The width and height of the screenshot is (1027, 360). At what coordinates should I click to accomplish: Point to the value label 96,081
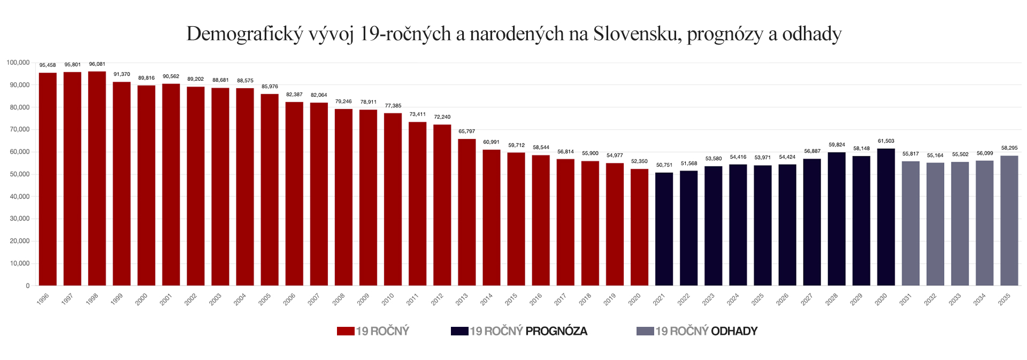97,64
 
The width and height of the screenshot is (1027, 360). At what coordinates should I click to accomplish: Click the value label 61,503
886,141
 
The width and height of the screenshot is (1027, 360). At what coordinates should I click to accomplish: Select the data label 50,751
664,165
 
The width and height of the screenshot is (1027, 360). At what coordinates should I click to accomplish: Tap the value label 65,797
466,132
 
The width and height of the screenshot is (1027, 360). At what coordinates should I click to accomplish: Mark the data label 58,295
1009,148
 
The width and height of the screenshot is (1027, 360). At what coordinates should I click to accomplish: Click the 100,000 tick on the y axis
18,63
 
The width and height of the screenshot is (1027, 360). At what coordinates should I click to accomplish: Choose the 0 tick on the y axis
28,286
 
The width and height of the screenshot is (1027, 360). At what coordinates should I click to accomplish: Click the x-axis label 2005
265,300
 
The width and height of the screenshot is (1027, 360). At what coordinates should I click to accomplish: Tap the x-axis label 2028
831,300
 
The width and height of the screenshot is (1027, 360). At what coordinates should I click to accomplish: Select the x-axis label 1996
43,300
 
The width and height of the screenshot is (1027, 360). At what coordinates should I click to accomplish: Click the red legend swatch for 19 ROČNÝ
346,331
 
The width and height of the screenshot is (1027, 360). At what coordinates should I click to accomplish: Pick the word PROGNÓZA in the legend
556,331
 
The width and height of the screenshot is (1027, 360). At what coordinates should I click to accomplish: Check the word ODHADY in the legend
734,331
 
